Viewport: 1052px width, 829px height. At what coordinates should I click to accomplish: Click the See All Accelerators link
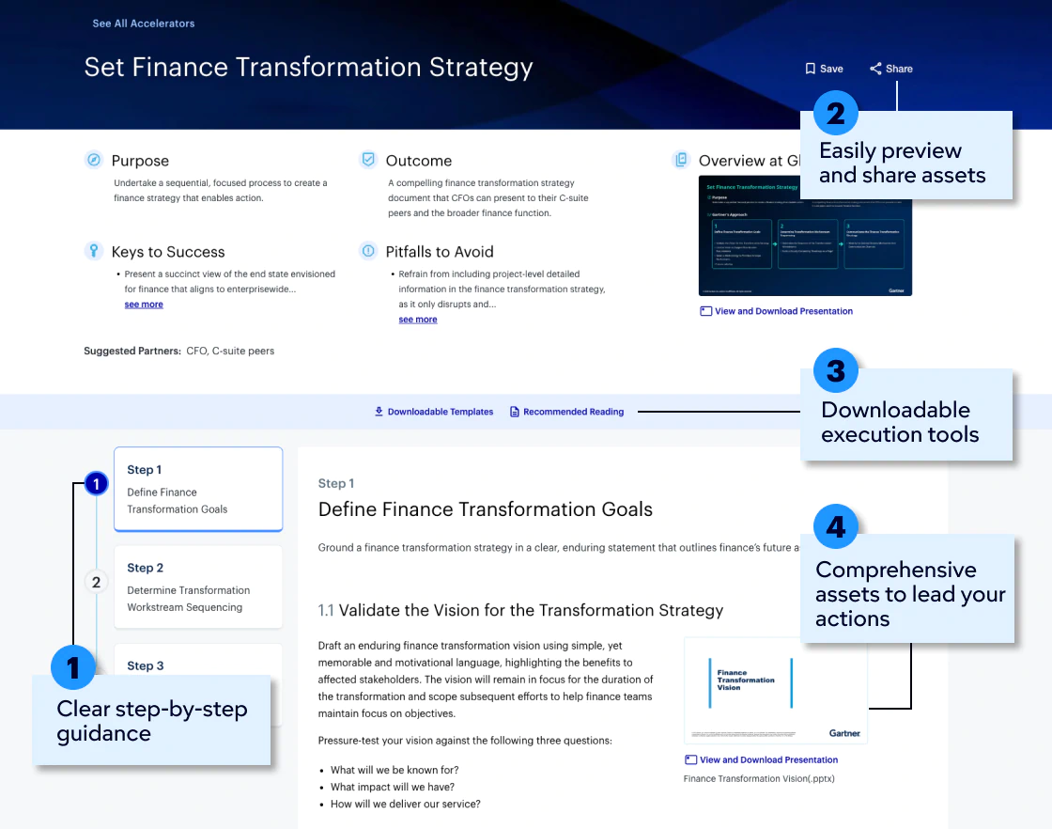tap(144, 23)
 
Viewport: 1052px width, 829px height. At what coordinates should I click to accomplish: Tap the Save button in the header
tap(824, 69)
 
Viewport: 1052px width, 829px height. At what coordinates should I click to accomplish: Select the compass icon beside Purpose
tap(93, 160)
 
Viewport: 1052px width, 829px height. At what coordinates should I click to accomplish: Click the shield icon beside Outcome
tap(368, 160)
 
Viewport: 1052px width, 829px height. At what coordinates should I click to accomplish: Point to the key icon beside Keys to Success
tap(93, 251)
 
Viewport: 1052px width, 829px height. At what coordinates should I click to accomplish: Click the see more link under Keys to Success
tap(144, 305)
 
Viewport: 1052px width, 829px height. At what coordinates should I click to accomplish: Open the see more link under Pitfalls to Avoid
tap(418, 320)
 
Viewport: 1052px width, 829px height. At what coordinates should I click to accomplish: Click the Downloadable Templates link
tap(433, 412)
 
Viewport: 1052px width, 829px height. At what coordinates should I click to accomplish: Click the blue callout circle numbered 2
tap(835, 114)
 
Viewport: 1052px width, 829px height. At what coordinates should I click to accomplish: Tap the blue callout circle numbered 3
tap(835, 371)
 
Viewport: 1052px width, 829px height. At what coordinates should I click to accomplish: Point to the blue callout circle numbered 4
tap(835, 527)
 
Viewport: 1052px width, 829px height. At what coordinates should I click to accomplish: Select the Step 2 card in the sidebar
tap(197, 587)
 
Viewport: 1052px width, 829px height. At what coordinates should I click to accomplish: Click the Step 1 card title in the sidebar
tap(145, 470)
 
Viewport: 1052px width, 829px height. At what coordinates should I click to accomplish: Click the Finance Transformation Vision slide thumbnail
tap(775, 691)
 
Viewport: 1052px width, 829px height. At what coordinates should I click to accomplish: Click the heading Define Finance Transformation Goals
tap(486, 509)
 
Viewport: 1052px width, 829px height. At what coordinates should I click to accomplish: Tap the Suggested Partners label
tap(132, 351)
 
